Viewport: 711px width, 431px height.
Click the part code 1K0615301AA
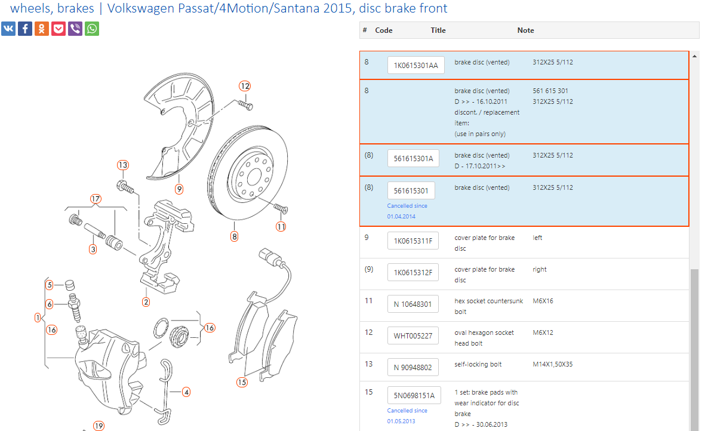pyautogui.click(x=415, y=66)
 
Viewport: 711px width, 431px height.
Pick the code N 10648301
pyautogui.click(x=413, y=304)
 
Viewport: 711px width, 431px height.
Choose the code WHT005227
pyautogui.click(x=413, y=336)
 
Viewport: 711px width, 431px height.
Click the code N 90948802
pyautogui.click(x=413, y=368)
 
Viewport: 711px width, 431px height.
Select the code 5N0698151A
pyautogui.click(x=414, y=396)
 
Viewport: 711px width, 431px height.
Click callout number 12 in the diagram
pyautogui.click(x=245, y=86)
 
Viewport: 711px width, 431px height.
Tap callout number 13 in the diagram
pyautogui.click(x=123, y=165)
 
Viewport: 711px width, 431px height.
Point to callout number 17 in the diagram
pyautogui.click(x=96, y=199)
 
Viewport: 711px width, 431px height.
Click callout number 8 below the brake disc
pyautogui.click(x=234, y=236)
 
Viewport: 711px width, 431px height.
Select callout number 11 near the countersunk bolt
pyautogui.click(x=281, y=227)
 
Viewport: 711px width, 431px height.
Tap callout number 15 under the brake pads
pyautogui.click(x=241, y=383)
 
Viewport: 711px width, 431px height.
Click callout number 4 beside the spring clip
pyautogui.click(x=186, y=392)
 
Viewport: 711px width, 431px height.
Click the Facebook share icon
pyautogui.click(x=25, y=29)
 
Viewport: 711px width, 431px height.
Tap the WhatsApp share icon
pyautogui.click(x=92, y=29)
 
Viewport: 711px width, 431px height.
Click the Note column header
pyautogui.click(x=525, y=30)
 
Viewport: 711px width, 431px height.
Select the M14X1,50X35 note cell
pyautogui.click(x=552, y=364)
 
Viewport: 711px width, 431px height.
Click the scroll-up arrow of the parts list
pyautogui.click(x=694, y=56)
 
